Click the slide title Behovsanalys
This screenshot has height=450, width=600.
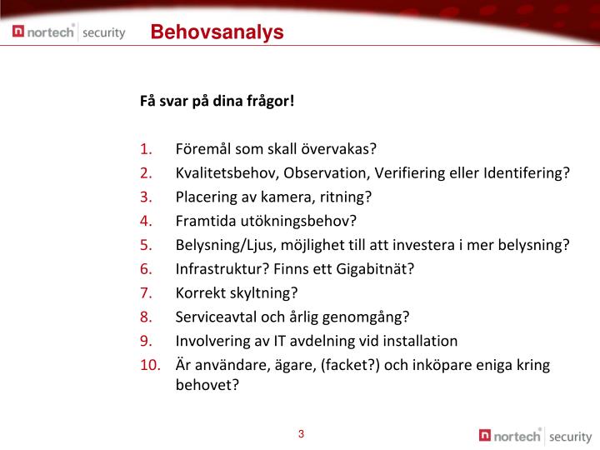click(217, 32)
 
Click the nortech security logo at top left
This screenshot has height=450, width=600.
click(69, 32)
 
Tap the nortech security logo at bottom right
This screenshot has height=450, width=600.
click(535, 435)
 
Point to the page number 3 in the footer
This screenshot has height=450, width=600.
click(301, 433)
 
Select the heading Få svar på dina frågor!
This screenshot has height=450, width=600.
click(217, 102)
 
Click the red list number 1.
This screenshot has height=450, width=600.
click(146, 150)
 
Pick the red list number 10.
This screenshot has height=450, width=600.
click(149, 365)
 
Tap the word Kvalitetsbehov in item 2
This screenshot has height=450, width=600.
click(227, 173)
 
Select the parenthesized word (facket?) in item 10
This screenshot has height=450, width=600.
click(351, 365)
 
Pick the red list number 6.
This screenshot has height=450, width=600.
click(146, 269)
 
